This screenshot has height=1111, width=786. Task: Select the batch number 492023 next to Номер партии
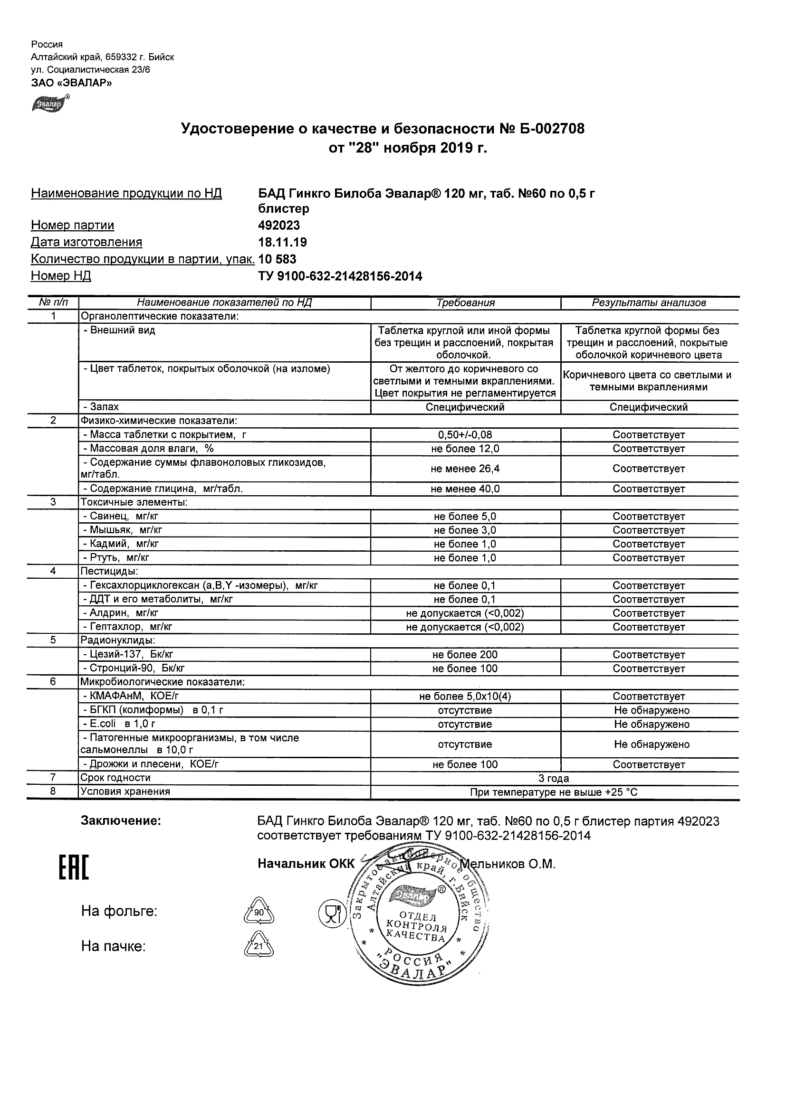tap(279, 226)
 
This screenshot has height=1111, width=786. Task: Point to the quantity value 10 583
tap(277, 259)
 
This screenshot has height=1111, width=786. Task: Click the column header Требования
tap(465, 303)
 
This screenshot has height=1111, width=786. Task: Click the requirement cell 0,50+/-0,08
tap(465, 435)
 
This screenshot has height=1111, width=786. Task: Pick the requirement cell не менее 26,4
tap(465, 469)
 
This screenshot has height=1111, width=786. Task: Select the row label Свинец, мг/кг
tap(121, 516)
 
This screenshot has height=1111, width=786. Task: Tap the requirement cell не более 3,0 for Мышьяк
tap(465, 530)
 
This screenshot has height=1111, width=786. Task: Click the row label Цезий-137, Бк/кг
tap(128, 655)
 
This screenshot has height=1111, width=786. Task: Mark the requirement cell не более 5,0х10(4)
tap(465, 697)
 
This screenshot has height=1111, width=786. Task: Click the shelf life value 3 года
tap(554, 779)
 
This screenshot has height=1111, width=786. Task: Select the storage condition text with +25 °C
tap(554, 792)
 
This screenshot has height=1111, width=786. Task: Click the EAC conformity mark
tap(74, 867)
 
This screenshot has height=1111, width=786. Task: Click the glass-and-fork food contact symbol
tap(332, 913)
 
